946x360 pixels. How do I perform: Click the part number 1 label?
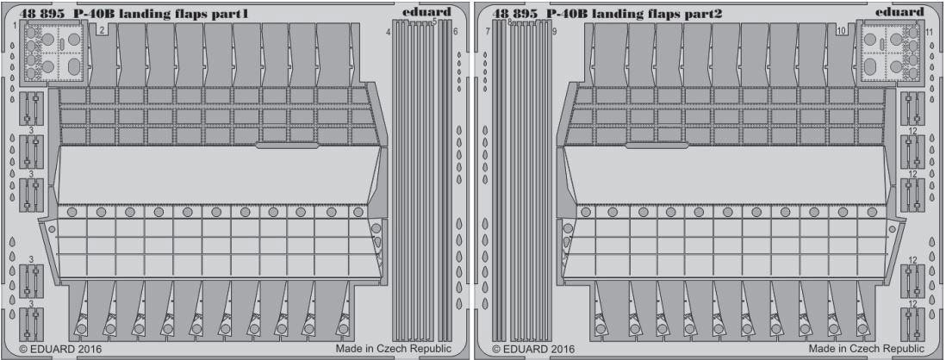pyautogui.click(x=14, y=26)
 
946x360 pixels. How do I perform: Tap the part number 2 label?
pyautogui.click(x=103, y=29)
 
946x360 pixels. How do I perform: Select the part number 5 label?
pyautogui.click(x=435, y=22)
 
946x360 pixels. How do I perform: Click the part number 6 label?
pyautogui.click(x=455, y=31)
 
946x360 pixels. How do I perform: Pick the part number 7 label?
pyautogui.click(x=488, y=31)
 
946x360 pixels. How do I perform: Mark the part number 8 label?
pyautogui.click(x=510, y=22)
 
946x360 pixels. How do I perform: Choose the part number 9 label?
pyautogui.click(x=553, y=31)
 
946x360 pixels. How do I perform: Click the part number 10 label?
pyautogui.click(x=841, y=31)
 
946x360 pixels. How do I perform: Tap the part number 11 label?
pyautogui.click(x=929, y=31)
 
